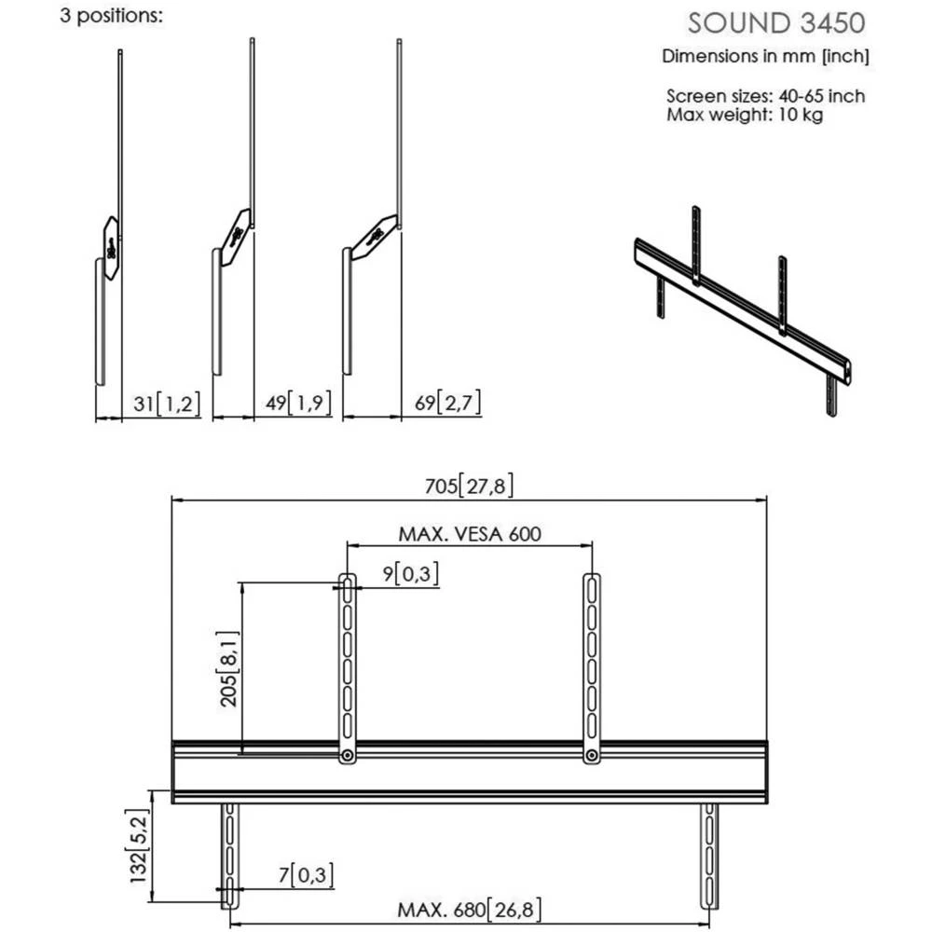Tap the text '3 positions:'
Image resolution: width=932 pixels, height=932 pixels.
111,18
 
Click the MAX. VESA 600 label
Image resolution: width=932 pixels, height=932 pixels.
470,534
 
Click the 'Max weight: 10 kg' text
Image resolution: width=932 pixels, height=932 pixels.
745,115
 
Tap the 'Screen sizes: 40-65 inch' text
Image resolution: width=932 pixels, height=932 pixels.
765,96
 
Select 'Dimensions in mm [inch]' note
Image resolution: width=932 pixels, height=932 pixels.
765,56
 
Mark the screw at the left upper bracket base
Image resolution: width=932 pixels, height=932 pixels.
347,755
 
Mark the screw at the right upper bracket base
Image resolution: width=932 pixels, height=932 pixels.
591,755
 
